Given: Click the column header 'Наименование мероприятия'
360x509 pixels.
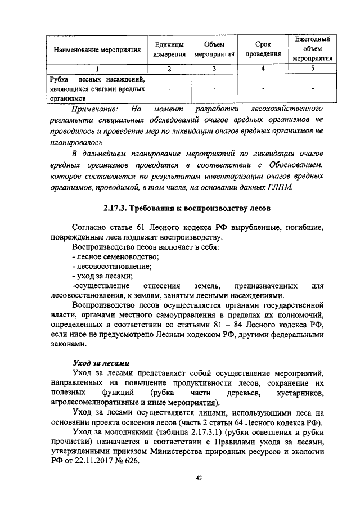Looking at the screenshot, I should pos(97,50).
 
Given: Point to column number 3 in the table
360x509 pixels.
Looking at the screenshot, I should pos(214,69).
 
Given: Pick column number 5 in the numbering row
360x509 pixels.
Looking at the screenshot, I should pos(312,69).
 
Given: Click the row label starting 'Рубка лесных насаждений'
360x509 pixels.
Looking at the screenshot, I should pos(97,88).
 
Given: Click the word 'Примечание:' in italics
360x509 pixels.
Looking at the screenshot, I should pos(94,108).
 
